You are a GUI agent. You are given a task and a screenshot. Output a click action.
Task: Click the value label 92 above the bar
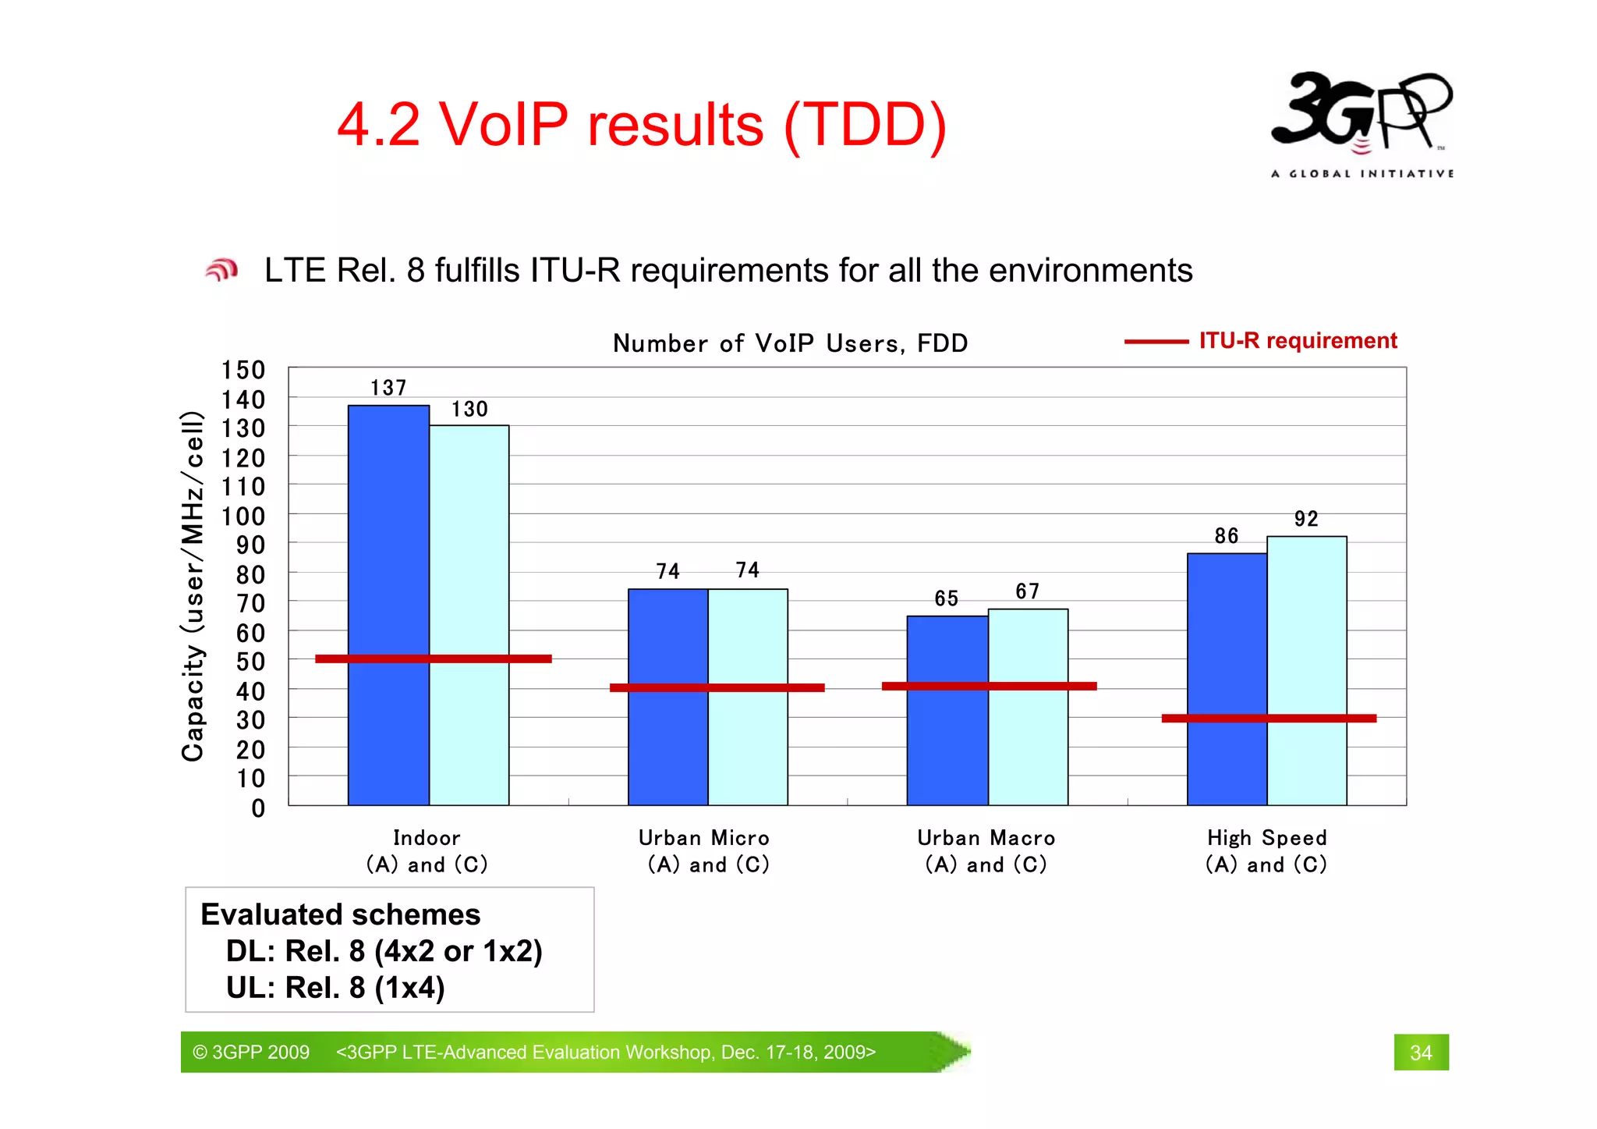coord(1306,519)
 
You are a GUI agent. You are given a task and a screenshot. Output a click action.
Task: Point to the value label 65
coord(946,598)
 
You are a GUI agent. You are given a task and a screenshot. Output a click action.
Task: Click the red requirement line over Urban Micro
coord(717,687)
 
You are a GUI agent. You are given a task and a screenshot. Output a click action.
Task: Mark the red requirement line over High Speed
coord(1269,718)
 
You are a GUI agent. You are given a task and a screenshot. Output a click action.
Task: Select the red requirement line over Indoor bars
coord(433,659)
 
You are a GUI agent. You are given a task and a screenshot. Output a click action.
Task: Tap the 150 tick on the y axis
coord(243,370)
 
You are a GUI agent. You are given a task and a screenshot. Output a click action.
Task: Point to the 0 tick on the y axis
coord(258,808)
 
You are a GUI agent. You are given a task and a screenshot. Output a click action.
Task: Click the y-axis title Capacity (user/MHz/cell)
coord(193,585)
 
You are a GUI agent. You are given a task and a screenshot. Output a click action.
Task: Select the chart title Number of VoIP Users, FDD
coord(790,343)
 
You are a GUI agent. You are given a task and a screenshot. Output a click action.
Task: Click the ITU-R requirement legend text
coord(1298,341)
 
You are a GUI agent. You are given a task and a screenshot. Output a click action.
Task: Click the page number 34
coord(1421,1053)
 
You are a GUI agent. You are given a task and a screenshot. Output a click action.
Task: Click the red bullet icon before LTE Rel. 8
coord(221,270)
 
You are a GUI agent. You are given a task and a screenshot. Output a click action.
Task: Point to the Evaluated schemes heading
coord(341,914)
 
